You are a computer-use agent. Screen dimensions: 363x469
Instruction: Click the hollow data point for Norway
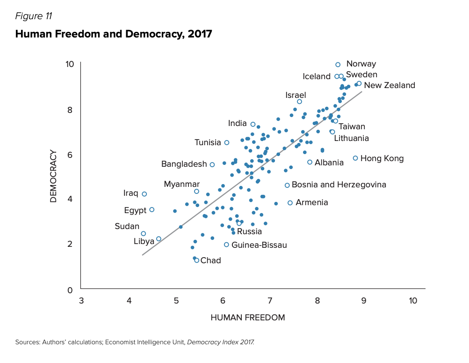click(x=338, y=65)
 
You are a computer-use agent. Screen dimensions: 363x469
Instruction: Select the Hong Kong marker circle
click(x=355, y=158)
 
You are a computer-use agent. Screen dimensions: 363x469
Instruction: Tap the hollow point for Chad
click(x=197, y=260)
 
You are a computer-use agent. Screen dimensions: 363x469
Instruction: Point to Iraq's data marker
click(x=144, y=194)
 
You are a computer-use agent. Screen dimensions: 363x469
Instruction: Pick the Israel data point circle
click(x=299, y=102)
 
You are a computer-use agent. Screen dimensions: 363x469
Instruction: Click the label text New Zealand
click(x=390, y=85)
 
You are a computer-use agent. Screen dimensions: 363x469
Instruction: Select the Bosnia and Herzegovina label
click(x=339, y=185)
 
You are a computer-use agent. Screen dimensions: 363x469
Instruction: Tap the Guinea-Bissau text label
click(x=259, y=245)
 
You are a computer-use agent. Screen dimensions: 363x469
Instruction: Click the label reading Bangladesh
click(x=184, y=164)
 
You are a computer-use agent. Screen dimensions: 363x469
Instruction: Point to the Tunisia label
click(x=208, y=142)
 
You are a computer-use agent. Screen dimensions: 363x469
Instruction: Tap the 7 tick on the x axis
click(x=270, y=300)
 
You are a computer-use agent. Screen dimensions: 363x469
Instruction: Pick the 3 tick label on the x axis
click(x=81, y=300)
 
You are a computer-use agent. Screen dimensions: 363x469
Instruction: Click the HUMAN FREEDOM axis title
click(x=248, y=318)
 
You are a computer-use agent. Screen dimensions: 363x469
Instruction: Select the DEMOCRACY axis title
click(x=53, y=176)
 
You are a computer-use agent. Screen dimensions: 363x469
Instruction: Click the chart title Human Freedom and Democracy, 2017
click(x=114, y=34)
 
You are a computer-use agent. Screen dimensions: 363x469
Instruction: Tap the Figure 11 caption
click(x=34, y=16)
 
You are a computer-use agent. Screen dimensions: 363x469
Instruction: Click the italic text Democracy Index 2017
click(x=221, y=342)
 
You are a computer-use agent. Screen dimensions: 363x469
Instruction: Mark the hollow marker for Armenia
click(x=290, y=203)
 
